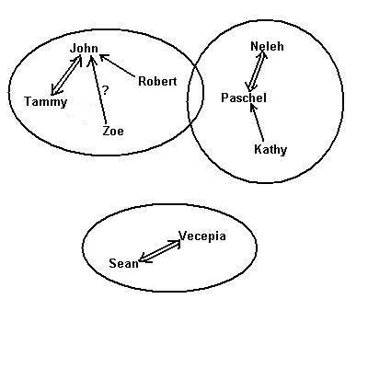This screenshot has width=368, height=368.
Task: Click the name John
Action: pyautogui.click(x=84, y=49)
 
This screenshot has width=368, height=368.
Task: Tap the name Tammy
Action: pyautogui.click(x=46, y=102)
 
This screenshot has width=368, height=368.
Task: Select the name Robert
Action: pyautogui.click(x=157, y=82)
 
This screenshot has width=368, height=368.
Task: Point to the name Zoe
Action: pyautogui.click(x=113, y=132)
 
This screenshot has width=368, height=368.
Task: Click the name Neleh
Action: pyautogui.click(x=267, y=47)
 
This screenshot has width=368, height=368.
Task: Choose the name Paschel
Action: pyautogui.click(x=244, y=98)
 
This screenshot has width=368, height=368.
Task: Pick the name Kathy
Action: pyautogui.click(x=270, y=150)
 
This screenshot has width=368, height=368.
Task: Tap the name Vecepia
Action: pyautogui.click(x=202, y=236)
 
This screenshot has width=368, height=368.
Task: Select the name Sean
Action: pyautogui.click(x=124, y=263)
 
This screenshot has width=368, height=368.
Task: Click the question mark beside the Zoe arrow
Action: pyautogui.click(x=105, y=90)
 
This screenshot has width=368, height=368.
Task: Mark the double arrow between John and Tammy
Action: pyautogui.click(x=66, y=75)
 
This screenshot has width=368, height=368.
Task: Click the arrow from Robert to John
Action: pyautogui.click(x=118, y=65)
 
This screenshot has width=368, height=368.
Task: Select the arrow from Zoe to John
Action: pyautogui.click(x=98, y=89)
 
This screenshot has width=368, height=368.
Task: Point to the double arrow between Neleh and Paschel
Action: pyautogui.click(x=257, y=71)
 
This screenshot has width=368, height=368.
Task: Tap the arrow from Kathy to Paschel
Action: pyautogui.click(x=257, y=123)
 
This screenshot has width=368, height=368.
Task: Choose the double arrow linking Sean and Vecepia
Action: pyautogui.click(x=159, y=251)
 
